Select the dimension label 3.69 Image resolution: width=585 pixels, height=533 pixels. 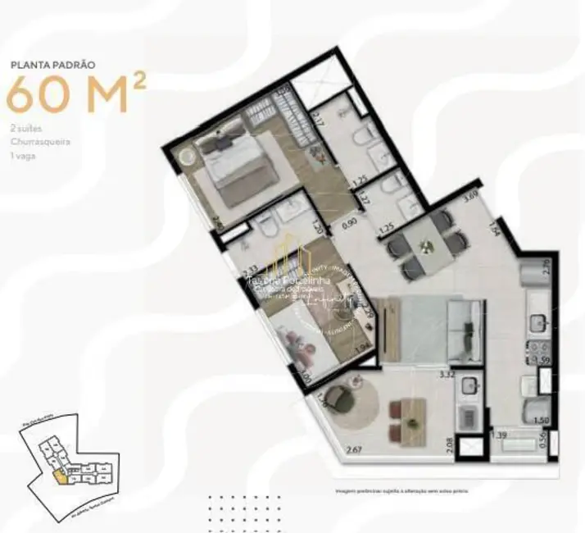click(x=470, y=197)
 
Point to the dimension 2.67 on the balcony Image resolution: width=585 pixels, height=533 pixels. click(x=354, y=449)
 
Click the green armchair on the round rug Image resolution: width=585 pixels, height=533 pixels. click(x=335, y=400)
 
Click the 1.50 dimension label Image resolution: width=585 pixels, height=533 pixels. click(x=541, y=420)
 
